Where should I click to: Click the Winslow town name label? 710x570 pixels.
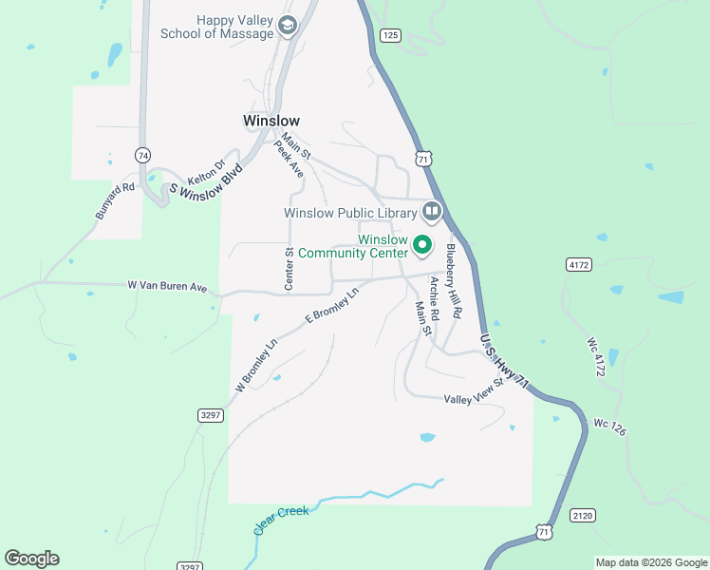271,121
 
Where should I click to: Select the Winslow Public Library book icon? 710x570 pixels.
432,212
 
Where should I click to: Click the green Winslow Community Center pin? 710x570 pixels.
423,246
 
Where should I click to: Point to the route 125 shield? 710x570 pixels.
390,35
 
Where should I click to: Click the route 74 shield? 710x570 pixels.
142,155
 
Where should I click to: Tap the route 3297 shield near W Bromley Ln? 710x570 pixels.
211,415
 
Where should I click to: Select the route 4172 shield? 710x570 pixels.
578,263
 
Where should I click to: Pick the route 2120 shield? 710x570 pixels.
583,515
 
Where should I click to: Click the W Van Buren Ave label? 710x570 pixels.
167,285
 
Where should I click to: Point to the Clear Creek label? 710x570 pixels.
281,520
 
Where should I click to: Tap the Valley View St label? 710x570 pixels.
473,400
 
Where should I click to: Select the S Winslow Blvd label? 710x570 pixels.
207,179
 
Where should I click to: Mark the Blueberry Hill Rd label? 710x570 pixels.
453,281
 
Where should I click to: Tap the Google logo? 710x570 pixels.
31,559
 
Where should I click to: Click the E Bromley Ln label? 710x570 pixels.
331,307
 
